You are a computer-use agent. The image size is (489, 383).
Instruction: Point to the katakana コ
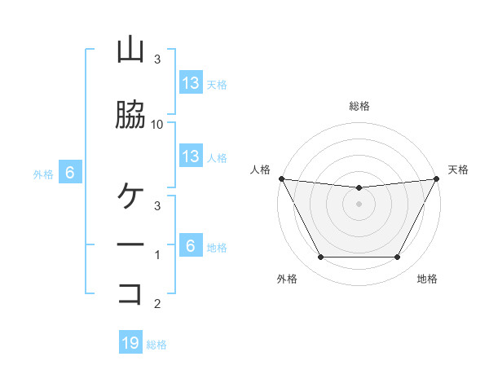(130, 293)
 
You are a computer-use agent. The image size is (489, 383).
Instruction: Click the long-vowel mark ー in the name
(130, 244)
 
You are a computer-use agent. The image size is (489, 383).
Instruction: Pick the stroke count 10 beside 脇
(157, 124)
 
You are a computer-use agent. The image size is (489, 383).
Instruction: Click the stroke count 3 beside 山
(157, 59)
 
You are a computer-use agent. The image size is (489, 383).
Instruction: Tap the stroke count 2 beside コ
(157, 304)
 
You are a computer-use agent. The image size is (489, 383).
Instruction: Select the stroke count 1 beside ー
(157, 255)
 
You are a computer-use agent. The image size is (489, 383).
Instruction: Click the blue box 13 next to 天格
(190, 82)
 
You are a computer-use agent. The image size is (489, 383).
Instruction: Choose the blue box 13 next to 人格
(190, 156)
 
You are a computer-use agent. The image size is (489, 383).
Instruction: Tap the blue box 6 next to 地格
(190, 245)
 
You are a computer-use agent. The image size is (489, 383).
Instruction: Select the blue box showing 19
(130, 343)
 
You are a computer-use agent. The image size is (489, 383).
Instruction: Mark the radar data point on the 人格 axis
(281, 178)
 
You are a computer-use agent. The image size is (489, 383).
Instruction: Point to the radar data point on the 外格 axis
(320, 258)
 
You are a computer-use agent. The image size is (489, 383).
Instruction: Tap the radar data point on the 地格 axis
(397, 258)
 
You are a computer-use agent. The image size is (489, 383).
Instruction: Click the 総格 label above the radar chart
(359, 106)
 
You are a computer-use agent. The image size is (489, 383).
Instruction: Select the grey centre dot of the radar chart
(359, 204)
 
